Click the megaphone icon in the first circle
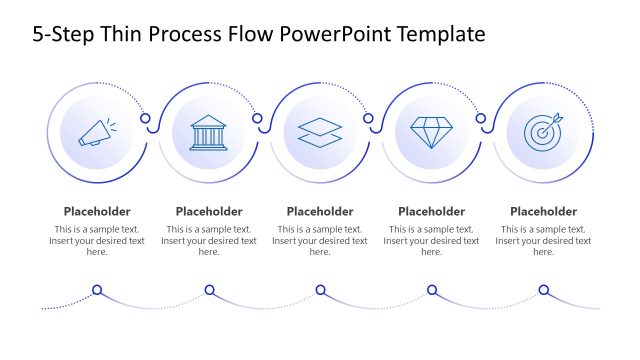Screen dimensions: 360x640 [x=97, y=133]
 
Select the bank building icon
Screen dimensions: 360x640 [x=208, y=133]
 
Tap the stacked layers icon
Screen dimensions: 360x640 [x=320, y=133]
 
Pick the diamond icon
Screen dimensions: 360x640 [x=431, y=133]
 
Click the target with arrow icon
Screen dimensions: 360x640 [x=543, y=133]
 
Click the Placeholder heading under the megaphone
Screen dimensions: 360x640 [x=97, y=211]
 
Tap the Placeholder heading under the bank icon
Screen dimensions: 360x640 [x=209, y=211]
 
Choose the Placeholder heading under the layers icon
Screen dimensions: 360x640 [x=320, y=211]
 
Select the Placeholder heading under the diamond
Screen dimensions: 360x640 [x=431, y=211]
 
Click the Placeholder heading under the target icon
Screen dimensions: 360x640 [x=543, y=211]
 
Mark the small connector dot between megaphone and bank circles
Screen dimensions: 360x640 [x=145, y=119]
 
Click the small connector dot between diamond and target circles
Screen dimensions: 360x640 [x=480, y=119]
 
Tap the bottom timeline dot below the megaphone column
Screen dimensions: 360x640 [x=97, y=291]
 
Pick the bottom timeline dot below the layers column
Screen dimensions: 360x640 [x=320, y=291]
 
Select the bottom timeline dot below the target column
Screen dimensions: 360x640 [x=543, y=291]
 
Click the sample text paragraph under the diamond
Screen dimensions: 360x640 [x=431, y=241]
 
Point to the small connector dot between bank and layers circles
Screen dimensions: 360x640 [x=257, y=119]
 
